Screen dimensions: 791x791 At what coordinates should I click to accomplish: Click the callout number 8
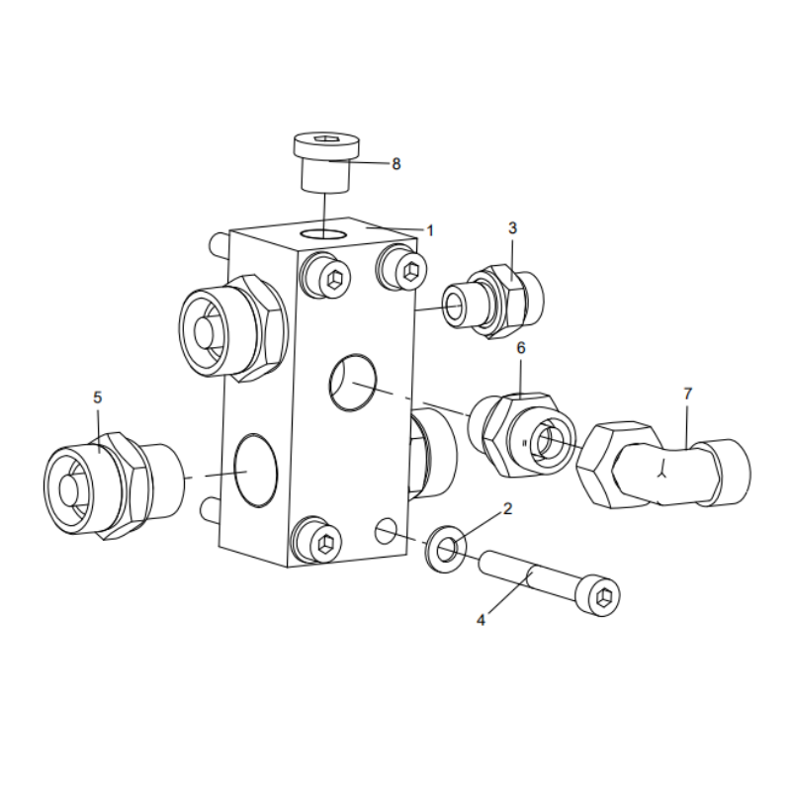[x=396, y=164]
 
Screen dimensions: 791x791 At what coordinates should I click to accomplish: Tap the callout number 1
[x=430, y=229]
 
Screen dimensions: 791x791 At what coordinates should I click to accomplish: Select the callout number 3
[x=512, y=228]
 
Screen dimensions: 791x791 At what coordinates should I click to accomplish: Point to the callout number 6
[x=520, y=348]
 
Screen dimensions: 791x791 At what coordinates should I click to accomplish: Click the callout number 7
[x=687, y=394]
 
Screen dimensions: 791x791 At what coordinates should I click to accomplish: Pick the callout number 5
[x=97, y=396]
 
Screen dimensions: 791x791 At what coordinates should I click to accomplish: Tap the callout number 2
[x=507, y=509]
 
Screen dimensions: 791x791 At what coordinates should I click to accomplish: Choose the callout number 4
[x=482, y=621]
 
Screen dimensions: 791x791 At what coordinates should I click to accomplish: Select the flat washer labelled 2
[x=446, y=550]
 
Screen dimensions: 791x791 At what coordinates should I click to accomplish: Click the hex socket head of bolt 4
[x=605, y=596]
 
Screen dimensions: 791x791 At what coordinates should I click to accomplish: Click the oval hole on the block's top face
[x=323, y=233]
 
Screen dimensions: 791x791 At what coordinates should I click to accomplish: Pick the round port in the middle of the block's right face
[x=351, y=383]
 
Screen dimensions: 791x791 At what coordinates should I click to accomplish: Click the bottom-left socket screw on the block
[x=319, y=540]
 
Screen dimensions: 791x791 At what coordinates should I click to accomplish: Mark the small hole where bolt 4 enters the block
[x=386, y=530]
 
